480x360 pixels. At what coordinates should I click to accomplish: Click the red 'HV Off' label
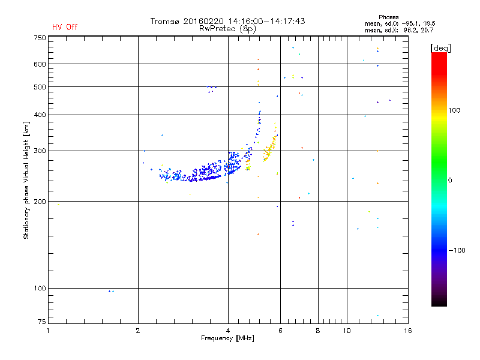point(65,27)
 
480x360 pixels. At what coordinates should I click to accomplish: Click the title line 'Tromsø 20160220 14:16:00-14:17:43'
point(227,21)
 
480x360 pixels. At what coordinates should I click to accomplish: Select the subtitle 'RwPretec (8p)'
point(227,28)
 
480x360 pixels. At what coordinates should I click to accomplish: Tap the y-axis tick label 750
point(40,38)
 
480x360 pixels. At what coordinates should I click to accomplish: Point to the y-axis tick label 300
point(40,151)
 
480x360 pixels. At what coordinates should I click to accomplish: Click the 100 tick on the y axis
point(40,288)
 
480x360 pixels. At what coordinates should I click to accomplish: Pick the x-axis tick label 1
point(49,331)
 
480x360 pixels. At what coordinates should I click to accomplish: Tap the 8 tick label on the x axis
point(318,331)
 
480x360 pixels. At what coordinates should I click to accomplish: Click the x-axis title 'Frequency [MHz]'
point(228,338)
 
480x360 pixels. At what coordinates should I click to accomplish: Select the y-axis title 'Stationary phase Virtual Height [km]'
point(26,180)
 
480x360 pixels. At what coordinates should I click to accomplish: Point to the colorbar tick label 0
point(451,180)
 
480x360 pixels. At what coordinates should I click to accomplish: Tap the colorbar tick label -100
point(457,250)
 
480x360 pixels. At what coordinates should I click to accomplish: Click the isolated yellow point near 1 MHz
point(58,205)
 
